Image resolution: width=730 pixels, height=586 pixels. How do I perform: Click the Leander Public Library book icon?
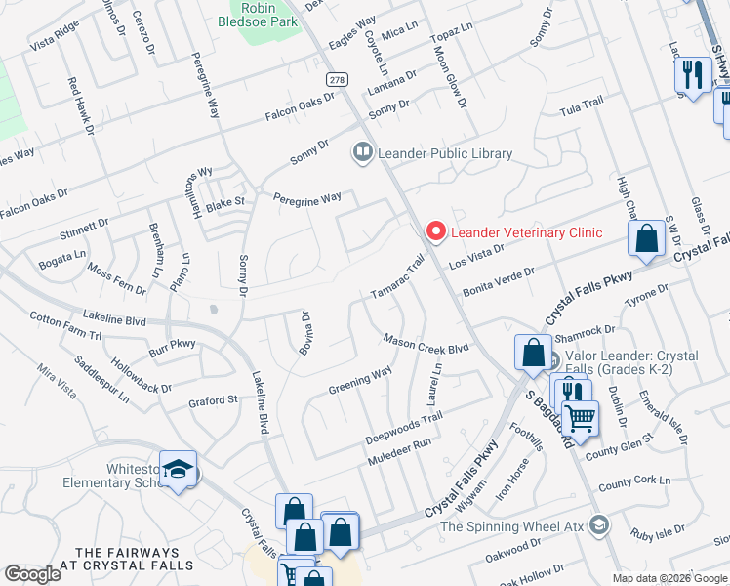pos(362,152)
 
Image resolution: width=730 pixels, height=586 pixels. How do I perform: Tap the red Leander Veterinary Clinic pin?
pos(434,231)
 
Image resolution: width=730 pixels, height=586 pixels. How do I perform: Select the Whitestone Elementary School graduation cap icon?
pos(178,471)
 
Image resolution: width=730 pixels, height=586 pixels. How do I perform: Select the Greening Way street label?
pos(360,376)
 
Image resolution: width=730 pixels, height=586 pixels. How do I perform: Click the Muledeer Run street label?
pos(399,450)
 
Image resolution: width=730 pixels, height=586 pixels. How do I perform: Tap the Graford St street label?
pos(213,400)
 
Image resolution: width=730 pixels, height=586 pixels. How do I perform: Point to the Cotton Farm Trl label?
pos(65,326)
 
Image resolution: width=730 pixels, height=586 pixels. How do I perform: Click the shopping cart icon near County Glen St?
pos(581,419)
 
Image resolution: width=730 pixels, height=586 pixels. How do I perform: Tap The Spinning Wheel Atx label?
pos(510,527)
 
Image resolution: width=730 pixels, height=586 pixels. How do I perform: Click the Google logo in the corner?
pos(32,574)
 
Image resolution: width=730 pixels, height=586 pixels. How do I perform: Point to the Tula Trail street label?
pos(583,107)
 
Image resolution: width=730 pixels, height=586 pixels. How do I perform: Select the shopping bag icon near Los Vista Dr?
pos(646,238)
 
